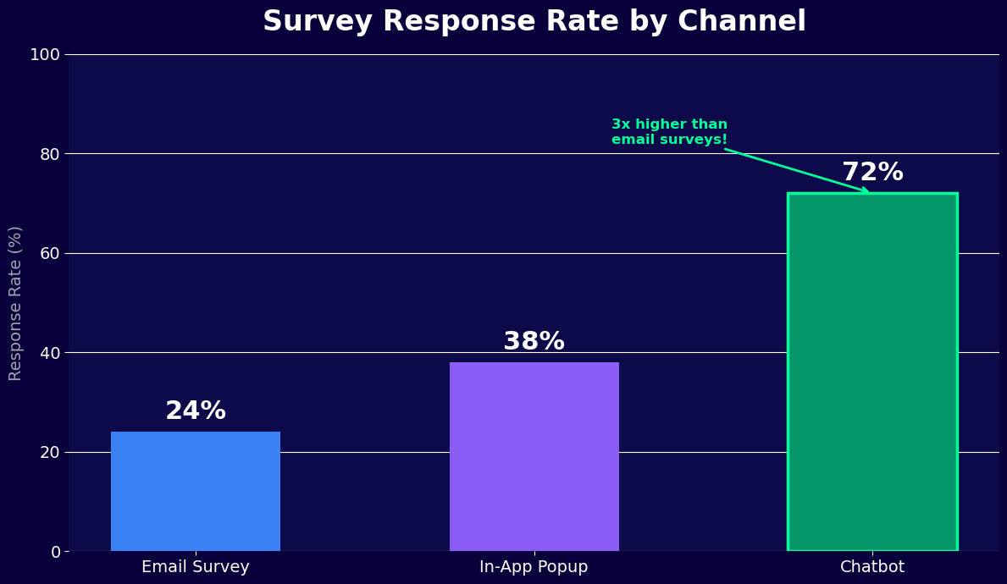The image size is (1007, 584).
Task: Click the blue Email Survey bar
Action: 196,491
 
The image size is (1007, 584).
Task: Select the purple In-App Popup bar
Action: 534,457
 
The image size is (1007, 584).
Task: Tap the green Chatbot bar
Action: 872,372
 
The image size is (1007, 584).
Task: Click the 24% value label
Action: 196,411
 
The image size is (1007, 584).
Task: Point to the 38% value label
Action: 534,342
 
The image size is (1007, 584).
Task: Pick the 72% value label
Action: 872,173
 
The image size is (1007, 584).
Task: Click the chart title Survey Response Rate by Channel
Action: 534,22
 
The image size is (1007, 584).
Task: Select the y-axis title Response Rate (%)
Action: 16,303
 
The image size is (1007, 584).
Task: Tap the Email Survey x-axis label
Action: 196,567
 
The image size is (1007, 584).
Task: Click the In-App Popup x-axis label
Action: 534,567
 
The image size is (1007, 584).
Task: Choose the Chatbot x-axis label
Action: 872,567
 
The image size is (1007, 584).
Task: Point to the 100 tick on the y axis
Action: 45,55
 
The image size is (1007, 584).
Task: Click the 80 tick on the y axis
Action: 49,154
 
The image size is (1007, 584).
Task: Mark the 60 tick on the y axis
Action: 49,253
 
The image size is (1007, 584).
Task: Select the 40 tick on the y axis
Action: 49,353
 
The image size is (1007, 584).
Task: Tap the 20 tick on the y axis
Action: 49,452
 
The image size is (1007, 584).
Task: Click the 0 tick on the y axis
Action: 55,552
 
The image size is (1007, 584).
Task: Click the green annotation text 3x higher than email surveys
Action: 669,132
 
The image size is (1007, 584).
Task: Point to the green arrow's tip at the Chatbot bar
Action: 867,191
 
